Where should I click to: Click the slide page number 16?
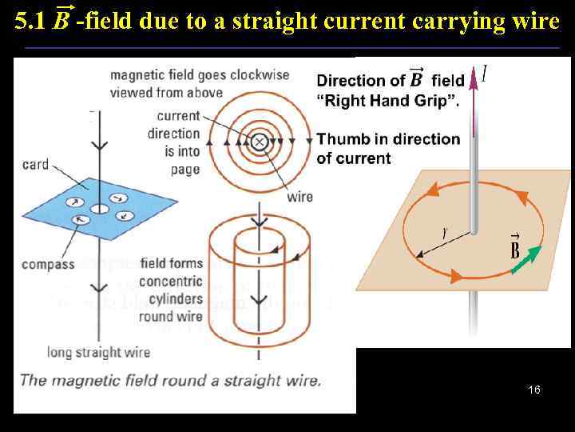[x=534, y=390]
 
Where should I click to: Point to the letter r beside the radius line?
[x=443, y=233]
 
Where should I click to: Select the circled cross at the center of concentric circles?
[x=259, y=142]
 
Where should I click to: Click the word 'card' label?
[x=34, y=164]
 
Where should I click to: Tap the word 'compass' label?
[x=48, y=264]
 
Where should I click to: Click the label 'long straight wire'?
[x=94, y=352]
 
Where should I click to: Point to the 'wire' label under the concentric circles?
[x=299, y=196]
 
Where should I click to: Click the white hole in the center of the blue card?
[x=99, y=209]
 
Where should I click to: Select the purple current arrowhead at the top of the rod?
[x=474, y=78]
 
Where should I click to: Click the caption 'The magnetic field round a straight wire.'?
[x=169, y=380]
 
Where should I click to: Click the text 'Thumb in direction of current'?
[x=388, y=148]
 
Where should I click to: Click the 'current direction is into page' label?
[x=173, y=142]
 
